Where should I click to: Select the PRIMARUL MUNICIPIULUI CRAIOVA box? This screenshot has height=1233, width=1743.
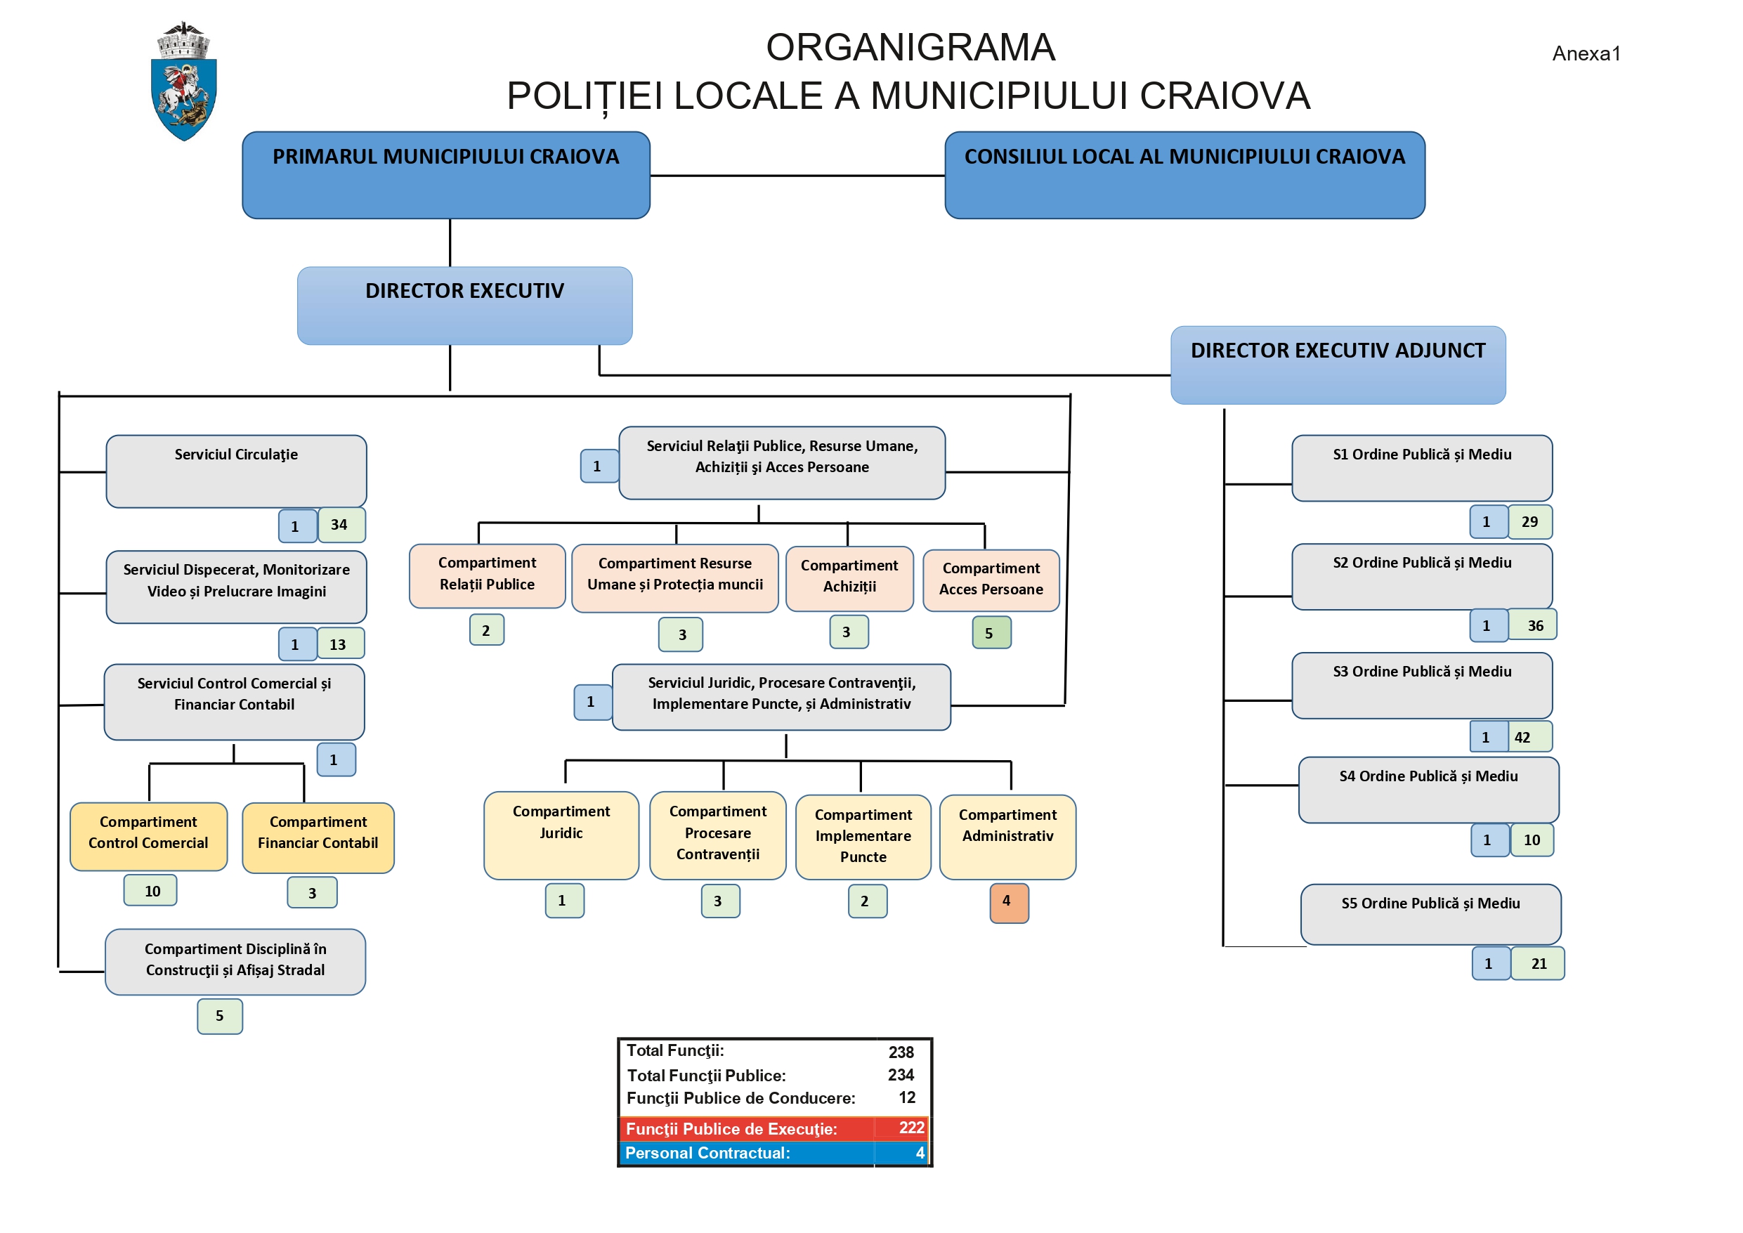click(x=445, y=175)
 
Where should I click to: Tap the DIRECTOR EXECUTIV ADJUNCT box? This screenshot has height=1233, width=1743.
click(x=1338, y=365)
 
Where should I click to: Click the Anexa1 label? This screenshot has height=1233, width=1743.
click(x=1586, y=54)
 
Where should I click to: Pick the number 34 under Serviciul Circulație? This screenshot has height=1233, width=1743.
click(x=341, y=525)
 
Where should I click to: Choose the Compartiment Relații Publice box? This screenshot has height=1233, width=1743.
click(x=487, y=575)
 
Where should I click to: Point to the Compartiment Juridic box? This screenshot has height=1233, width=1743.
click(x=561, y=835)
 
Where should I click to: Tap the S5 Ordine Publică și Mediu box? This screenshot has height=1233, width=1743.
click(x=1430, y=913)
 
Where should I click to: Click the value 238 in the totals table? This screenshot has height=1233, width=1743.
click(x=901, y=1052)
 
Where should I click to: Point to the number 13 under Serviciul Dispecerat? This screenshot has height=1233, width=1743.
click(x=339, y=644)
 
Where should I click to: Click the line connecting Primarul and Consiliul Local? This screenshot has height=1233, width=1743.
click(x=797, y=176)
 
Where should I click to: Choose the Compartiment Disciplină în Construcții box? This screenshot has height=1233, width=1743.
click(x=235, y=961)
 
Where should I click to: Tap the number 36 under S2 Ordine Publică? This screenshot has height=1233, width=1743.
click(x=1534, y=625)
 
